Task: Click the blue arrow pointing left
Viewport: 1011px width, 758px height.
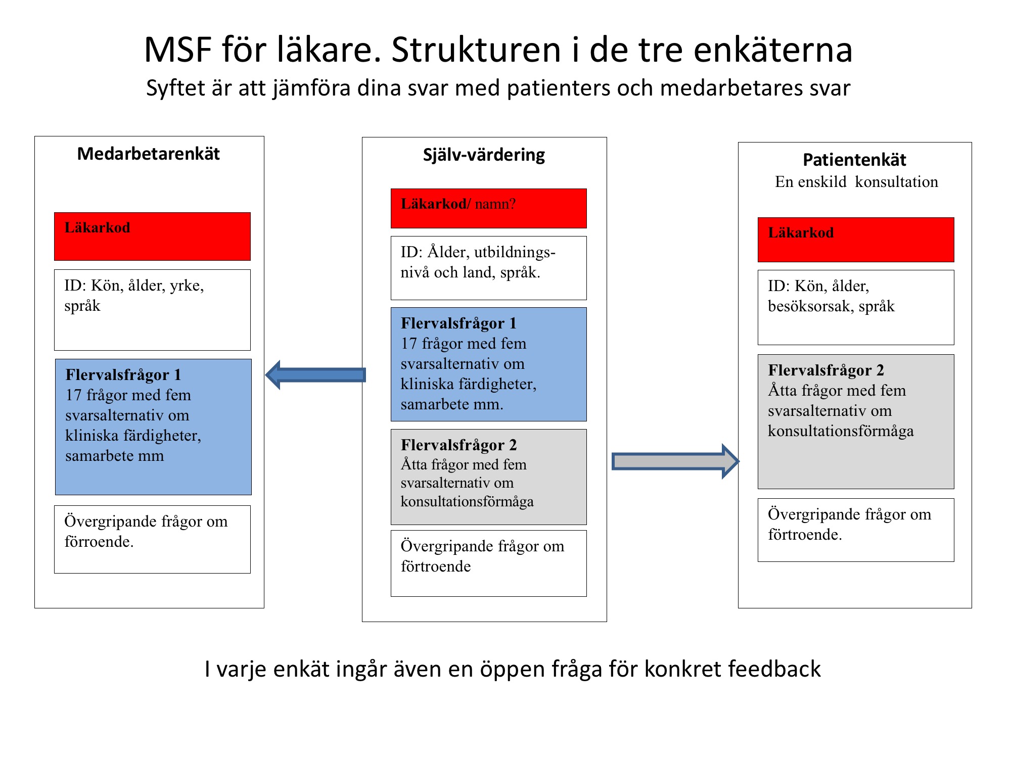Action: (315, 375)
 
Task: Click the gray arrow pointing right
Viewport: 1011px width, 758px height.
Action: (675, 461)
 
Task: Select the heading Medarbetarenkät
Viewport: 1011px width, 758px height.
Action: (149, 154)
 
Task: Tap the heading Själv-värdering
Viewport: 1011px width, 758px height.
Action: (484, 155)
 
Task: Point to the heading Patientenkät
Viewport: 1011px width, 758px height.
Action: (854, 160)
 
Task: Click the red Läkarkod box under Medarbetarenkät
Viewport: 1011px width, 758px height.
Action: (152, 236)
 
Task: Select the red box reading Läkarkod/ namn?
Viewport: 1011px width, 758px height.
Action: (488, 208)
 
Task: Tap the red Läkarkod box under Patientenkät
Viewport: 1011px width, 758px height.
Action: (856, 240)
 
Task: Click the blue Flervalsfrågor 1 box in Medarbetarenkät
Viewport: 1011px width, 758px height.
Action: (153, 427)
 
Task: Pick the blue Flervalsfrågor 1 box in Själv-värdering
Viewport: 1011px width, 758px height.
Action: (488, 364)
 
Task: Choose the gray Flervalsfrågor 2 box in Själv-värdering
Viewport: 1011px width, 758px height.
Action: (488, 477)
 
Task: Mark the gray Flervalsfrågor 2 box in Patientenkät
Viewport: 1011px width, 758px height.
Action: (856, 421)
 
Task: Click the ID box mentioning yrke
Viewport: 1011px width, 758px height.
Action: (152, 310)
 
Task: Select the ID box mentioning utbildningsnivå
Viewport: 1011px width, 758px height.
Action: (488, 268)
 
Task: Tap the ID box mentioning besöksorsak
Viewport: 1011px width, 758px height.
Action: (856, 307)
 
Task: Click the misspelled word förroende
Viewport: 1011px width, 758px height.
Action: (99, 542)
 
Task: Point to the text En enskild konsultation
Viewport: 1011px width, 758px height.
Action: (856, 182)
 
